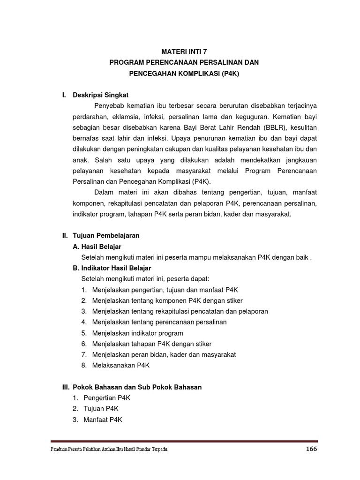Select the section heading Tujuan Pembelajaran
(x=106, y=235)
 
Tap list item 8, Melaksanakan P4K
(x=120, y=365)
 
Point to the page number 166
(x=312, y=449)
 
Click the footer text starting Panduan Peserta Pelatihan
(x=109, y=450)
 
